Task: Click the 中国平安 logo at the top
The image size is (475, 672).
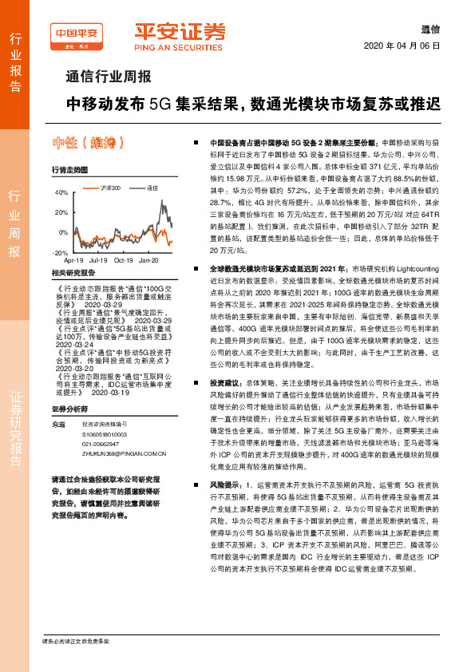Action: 77,33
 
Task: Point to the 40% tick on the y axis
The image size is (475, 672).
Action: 62,193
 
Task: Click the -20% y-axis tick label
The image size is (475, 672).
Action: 60,251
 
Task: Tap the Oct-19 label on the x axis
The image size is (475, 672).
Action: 124,260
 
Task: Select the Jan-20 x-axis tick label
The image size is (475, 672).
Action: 149,260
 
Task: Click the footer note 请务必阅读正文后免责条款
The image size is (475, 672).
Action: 76,641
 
